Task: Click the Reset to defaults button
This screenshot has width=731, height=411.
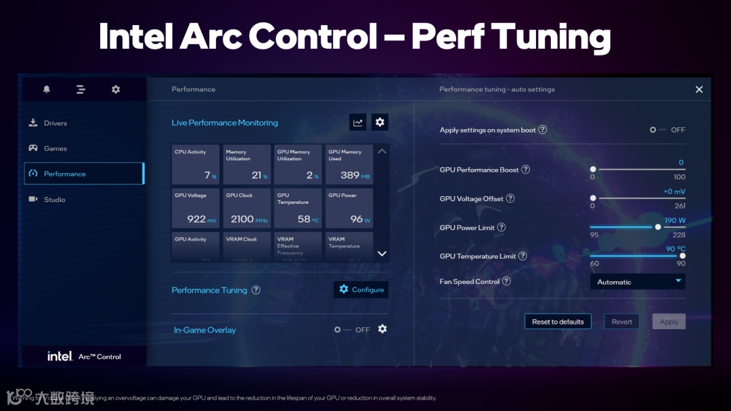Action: tap(558, 322)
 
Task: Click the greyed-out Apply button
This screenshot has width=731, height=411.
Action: tap(669, 322)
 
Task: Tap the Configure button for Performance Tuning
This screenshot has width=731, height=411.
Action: tap(361, 289)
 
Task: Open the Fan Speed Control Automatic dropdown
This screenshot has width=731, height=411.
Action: tap(638, 282)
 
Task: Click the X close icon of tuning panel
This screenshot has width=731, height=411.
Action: tap(699, 89)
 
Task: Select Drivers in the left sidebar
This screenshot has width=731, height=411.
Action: tap(56, 123)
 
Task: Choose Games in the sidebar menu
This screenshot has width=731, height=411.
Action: tap(56, 149)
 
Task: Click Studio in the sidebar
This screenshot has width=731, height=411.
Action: tap(54, 199)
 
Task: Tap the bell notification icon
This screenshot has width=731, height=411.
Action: tap(47, 89)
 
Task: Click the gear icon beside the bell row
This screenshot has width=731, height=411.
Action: tap(116, 89)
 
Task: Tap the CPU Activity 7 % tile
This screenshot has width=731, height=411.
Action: tap(196, 164)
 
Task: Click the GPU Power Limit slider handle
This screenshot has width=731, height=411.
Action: tap(658, 227)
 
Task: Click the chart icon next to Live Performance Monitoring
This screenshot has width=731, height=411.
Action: tap(358, 122)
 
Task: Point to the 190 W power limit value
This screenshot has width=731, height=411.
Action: tap(675, 220)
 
